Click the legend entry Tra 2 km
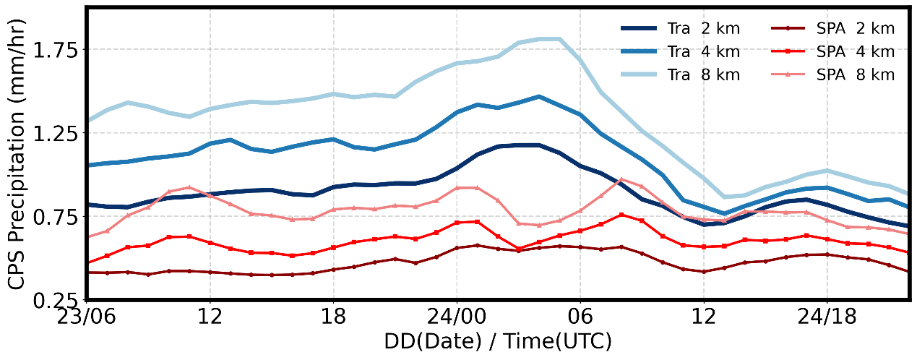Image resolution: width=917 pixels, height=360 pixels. pos(679,30)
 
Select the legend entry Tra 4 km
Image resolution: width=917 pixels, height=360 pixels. pos(679,52)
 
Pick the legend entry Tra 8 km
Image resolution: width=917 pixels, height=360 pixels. pos(679,74)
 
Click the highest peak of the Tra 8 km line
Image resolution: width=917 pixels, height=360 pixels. pos(550,38)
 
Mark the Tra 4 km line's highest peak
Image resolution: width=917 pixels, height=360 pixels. pos(539,96)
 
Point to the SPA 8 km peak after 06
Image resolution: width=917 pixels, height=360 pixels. pos(621,179)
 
